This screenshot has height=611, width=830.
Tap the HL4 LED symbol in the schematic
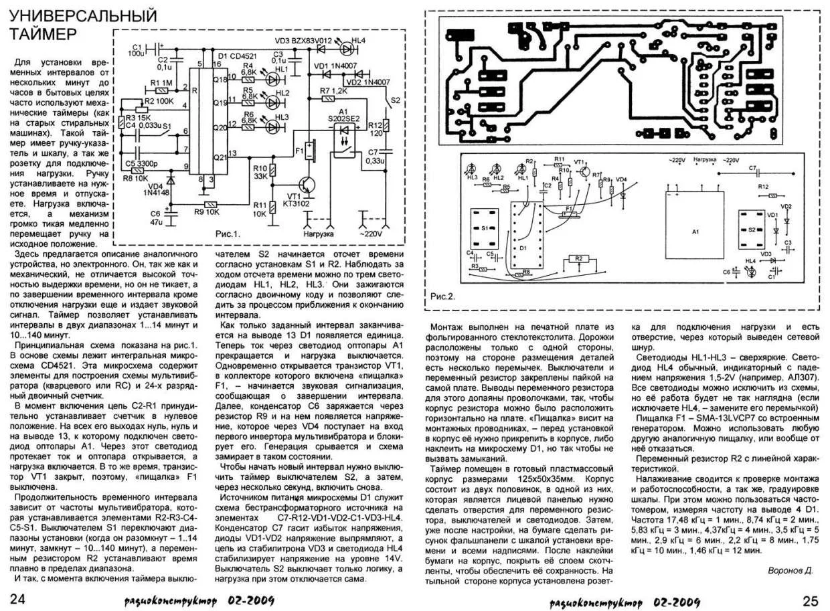point(347,48)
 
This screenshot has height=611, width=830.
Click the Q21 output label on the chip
point(220,158)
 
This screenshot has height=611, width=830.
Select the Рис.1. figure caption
point(228,236)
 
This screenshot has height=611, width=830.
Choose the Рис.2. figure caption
point(443,296)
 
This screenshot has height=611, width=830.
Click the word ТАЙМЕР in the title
point(46,33)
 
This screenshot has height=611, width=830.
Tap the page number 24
point(17,598)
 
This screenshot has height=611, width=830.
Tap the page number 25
point(811,598)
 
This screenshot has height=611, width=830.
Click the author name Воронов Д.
point(790,570)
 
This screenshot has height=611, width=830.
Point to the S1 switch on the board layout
point(485,228)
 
